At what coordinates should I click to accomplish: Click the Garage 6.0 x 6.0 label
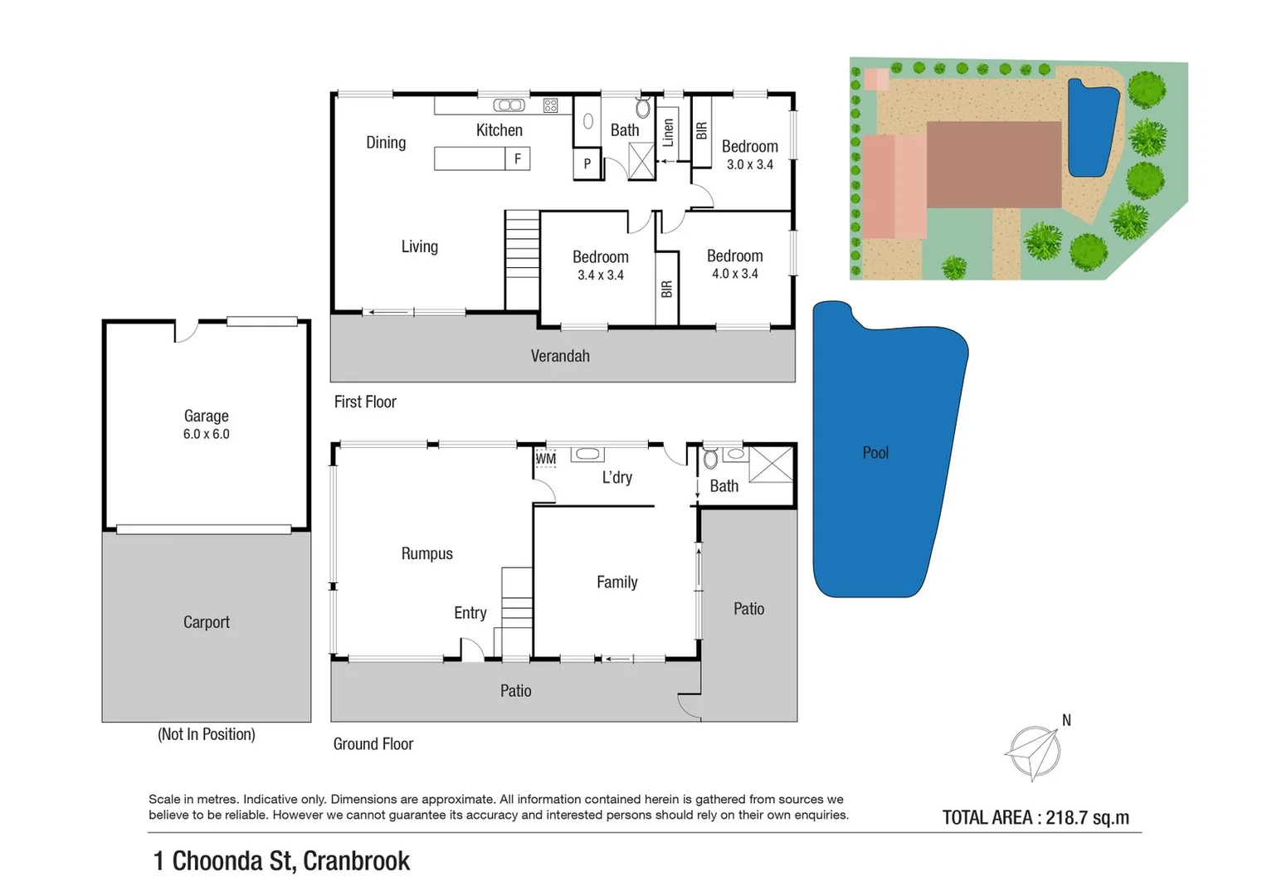[x=206, y=424]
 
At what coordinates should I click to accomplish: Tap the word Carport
[x=206, y=622]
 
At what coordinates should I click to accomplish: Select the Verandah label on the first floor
[x=560, y=356]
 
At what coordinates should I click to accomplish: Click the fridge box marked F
[x=518, y=158]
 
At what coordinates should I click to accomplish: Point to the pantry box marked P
[x=587, y=163]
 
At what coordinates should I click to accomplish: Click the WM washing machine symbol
[x=545, y=458]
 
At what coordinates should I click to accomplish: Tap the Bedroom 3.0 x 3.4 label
[x=749, y=154]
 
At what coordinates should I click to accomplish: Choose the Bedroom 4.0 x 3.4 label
[x=734, y=264]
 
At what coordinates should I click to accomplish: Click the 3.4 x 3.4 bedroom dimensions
[x=600, y=275]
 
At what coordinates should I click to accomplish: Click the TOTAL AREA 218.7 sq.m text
[x=1035, y=818]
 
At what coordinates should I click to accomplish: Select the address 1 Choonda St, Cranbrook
[x=281, y=861]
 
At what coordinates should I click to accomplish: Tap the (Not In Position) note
[x=206, y=734]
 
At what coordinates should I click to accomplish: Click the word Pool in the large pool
[x=875, y=453]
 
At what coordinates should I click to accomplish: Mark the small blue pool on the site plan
[x=1090, y=129]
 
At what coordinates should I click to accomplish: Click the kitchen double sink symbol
[x=509, y=105]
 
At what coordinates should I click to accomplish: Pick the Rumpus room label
[x=426, y=553]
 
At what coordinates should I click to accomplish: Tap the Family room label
[x=616, y=582]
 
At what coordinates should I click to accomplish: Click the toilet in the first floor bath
[x=643, y=108]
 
